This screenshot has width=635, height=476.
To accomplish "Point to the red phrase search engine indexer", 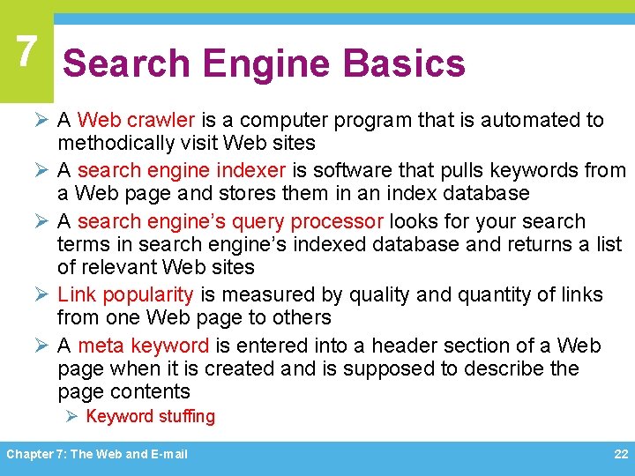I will click(x=182, y=170).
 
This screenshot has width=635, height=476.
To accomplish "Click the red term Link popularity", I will click(x=125, y=294).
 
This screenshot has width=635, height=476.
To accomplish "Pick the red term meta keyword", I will click(x=144, y=346).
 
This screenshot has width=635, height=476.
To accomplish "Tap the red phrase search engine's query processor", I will click(x=231, y=221).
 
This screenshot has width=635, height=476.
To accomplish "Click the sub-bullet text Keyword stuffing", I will click(x=150, y=417).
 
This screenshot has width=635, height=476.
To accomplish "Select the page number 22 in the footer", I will click(x=621, y=454).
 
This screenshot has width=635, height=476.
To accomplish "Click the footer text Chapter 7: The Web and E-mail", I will click(x=97, y=454).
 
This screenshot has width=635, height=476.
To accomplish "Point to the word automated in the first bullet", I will click(x=529, y=120).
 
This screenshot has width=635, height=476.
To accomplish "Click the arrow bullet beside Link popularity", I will click(x=43, y=294).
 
